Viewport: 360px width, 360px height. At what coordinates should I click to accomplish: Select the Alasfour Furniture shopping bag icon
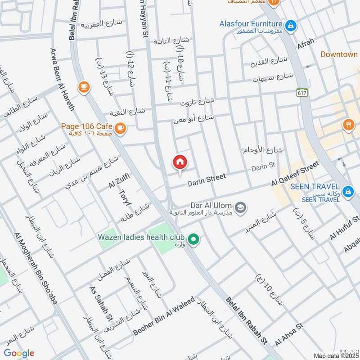tap(291, 26)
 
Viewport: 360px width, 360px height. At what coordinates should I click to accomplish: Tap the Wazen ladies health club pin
tap(193, 239)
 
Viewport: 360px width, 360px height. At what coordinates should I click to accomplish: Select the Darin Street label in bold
tap(207, 180)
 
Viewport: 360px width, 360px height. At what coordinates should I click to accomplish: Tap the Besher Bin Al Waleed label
tap(165, 316)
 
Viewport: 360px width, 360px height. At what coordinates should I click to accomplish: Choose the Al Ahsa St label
tap(289, 333)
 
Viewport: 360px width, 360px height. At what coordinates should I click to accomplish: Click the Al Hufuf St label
tap(345, 228)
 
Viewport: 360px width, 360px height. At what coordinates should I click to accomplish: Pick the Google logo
tap(19, 353)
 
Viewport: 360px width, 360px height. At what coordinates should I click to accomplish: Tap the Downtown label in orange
tap(339, 54)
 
